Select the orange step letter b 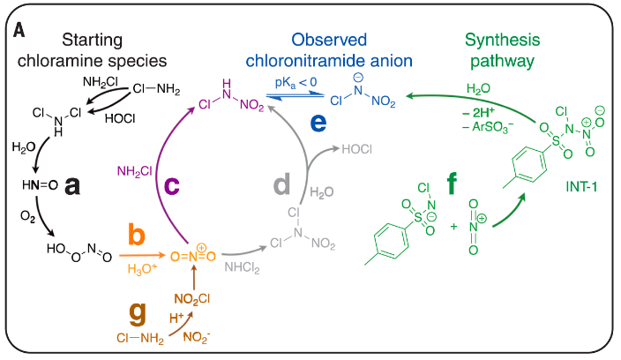137,235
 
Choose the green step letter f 452,184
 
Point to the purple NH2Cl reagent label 133,170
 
